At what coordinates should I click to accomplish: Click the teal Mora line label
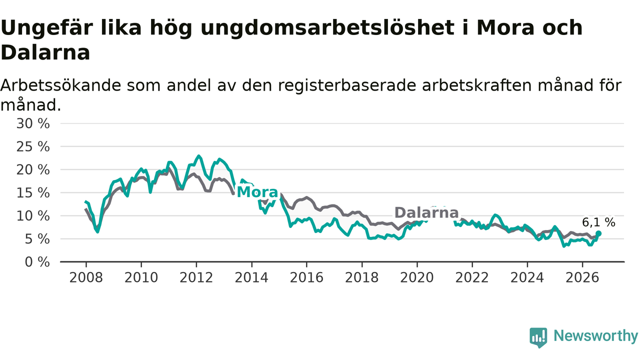(x=257, y=192)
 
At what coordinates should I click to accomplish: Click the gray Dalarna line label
(x=426, y=213)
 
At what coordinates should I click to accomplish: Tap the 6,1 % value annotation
(x=599, y=222)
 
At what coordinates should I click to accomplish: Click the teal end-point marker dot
(x=598, y=233)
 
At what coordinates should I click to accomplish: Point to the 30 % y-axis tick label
(x=33, y=123)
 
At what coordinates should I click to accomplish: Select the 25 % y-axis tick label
(x=33, y=147)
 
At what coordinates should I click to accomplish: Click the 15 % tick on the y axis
(x=33, y=193)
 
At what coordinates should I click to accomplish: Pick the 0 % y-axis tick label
(x=37, y=262)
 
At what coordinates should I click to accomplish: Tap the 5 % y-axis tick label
(x=37, y=239)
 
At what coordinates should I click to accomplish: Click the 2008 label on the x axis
(x=86, y=277)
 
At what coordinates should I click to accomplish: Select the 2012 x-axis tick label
(x=196, y=277)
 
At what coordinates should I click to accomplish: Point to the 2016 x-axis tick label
(x=306, y=277)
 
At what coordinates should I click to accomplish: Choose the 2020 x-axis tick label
(x=417, y=277)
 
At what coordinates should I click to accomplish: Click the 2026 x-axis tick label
(x=582, y=277)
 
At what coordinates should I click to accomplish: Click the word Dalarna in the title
(x=45, y=52)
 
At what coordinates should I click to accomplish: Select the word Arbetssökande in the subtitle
(x=61, y=85)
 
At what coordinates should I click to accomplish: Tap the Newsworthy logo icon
(x=538, y=337)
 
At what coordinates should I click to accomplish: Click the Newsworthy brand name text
(x=595, y=336)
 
